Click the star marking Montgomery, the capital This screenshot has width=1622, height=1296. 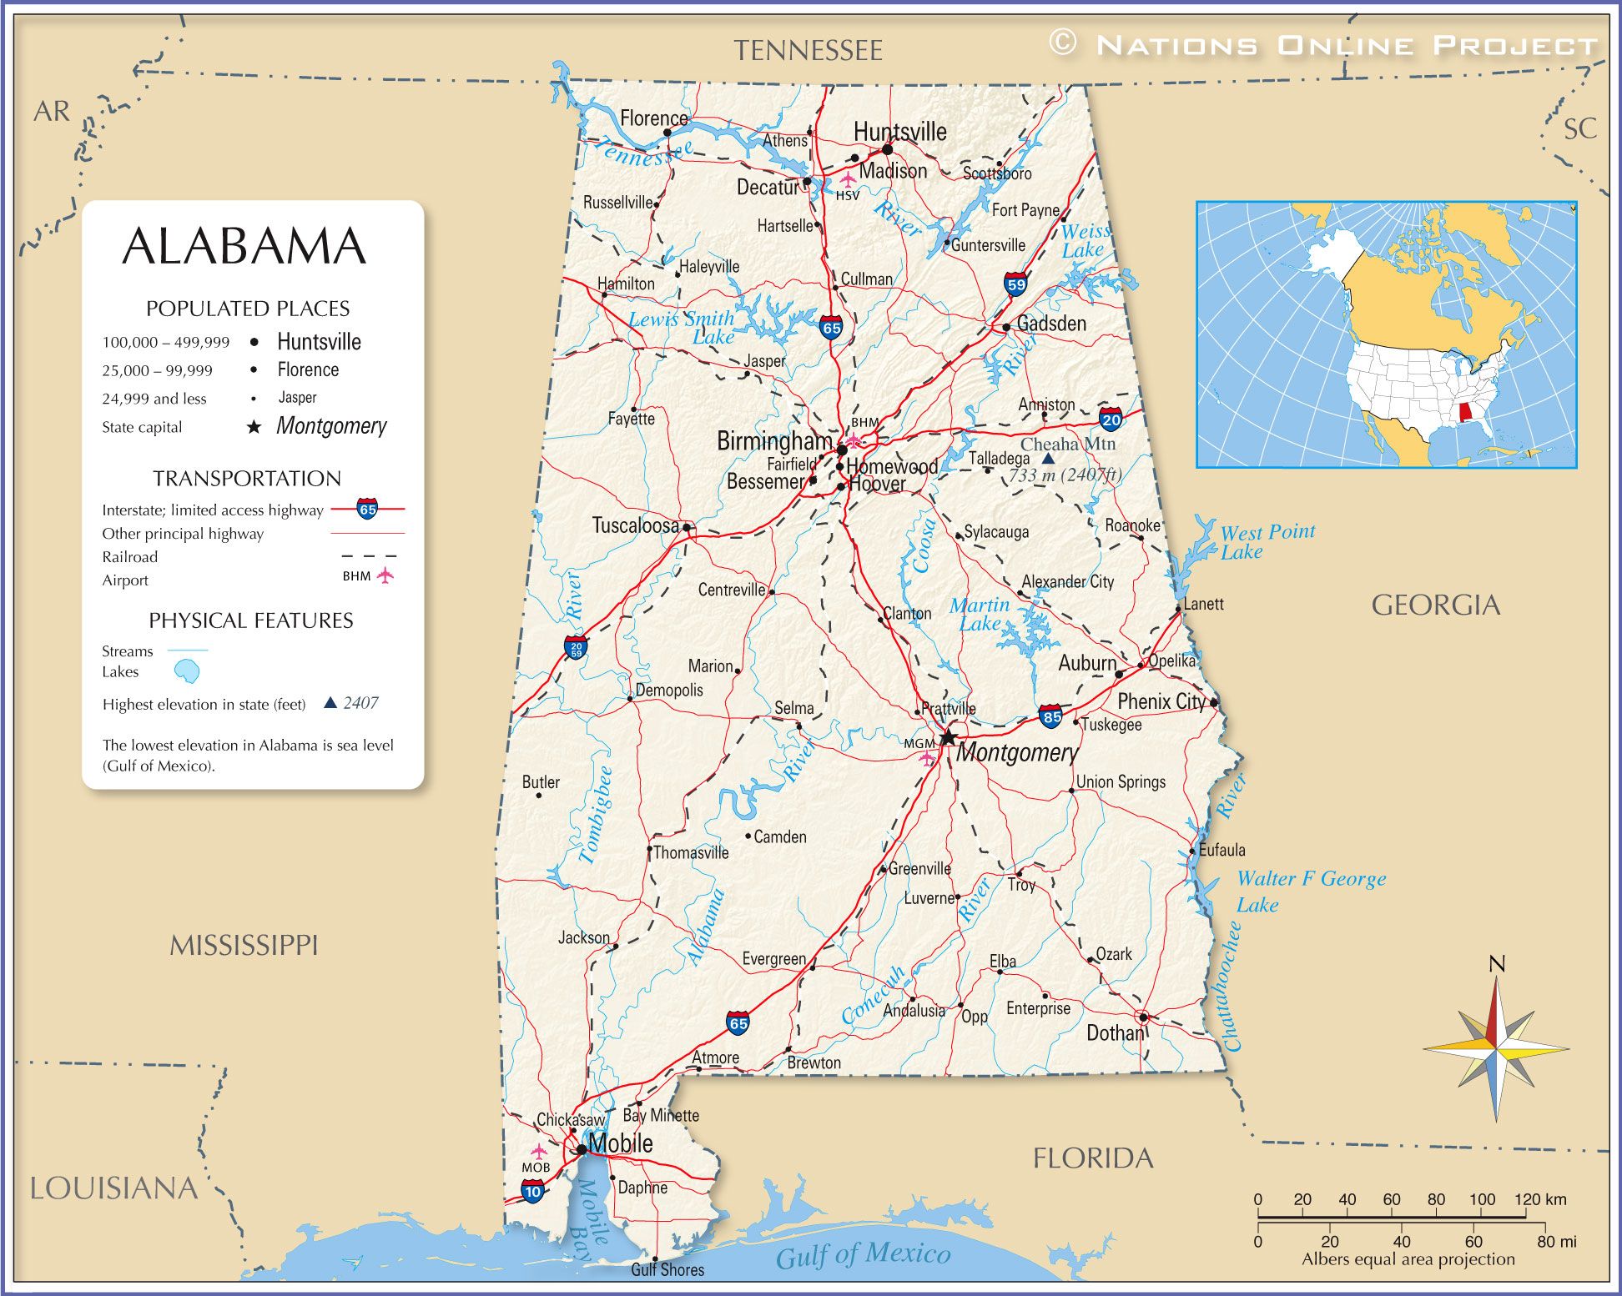tap(948, 737)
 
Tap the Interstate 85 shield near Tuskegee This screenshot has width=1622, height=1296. tap(1051, 716)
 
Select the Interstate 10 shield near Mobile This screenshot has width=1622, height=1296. tap(533, 1192)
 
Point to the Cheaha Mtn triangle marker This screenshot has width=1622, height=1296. tap(1048, 459)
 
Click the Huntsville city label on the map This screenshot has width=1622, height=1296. tap(899, 132)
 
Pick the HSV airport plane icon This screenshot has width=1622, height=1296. tap(848, 178)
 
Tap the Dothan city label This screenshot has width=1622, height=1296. tap(1115, 1033)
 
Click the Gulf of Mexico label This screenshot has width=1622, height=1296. tap(863, 1253)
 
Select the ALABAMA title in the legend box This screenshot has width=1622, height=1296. tap(244, 246)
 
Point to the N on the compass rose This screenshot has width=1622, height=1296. tap(1497, 965)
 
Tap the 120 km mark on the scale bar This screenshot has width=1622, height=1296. tap(1539, 1199)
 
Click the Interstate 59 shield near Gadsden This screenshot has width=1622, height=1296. tap(1015, 284)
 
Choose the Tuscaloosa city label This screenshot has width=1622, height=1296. tap(635, 525)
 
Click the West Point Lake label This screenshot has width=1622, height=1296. tap(1267, 541)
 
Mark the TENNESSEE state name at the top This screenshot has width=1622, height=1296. tap(808, 51)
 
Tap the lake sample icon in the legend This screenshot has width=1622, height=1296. tap(187, 671)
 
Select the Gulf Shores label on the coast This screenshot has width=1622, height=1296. tap(667, 1269)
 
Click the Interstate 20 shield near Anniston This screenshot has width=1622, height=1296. tap(1111, 419)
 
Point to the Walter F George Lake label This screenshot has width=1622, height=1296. tap(1310, 891)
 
